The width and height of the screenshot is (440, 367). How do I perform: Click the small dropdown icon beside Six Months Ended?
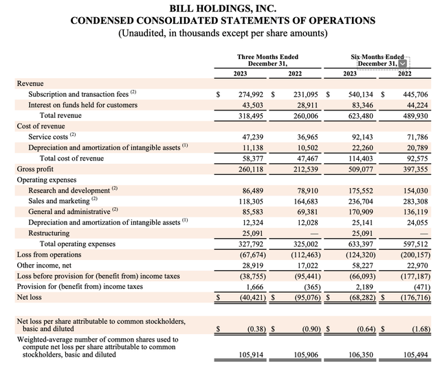click(x=402, y=64)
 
